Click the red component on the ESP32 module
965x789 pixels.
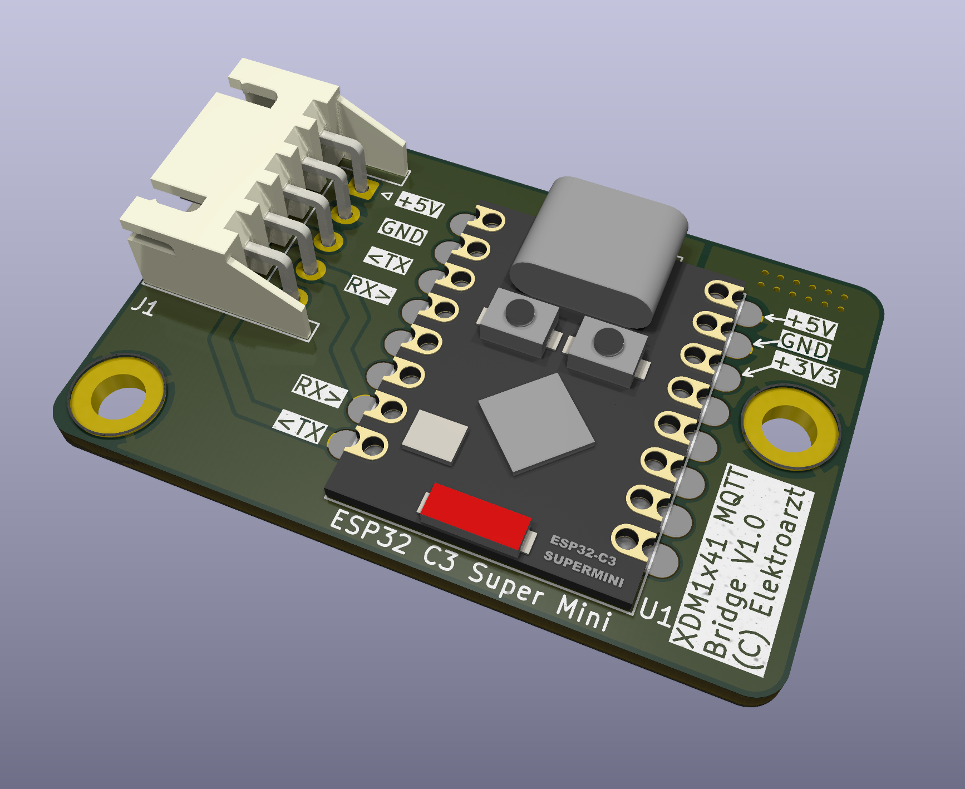coord(475,515)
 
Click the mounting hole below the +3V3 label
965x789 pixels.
coord(790,429)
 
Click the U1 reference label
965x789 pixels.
coord(657,613)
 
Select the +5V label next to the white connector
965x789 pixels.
coord(420,204)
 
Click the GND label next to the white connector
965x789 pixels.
coord(403,231)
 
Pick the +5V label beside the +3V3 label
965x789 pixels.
coord(813,324)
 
